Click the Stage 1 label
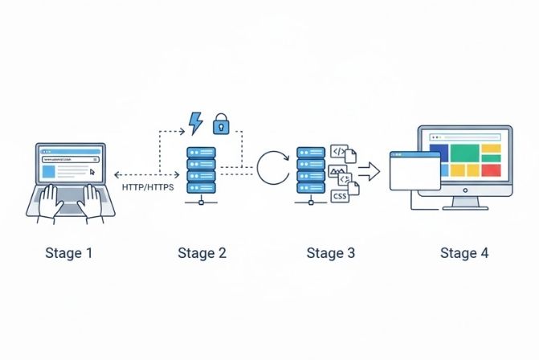(x=68, y=253)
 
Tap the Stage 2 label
(x=202, y=253)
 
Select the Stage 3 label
(x=330, y=253)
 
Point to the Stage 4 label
(x=463, y=253)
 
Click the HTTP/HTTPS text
(x=148, y=186)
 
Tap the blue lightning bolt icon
(x=195, y=123)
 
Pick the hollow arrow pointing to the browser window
(x=369, y=170)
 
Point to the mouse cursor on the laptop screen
(x=92, y=171)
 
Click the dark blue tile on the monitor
(x=439, y=149)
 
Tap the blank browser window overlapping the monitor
(x=414, y=174)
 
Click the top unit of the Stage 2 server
(x=201, y=152)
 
